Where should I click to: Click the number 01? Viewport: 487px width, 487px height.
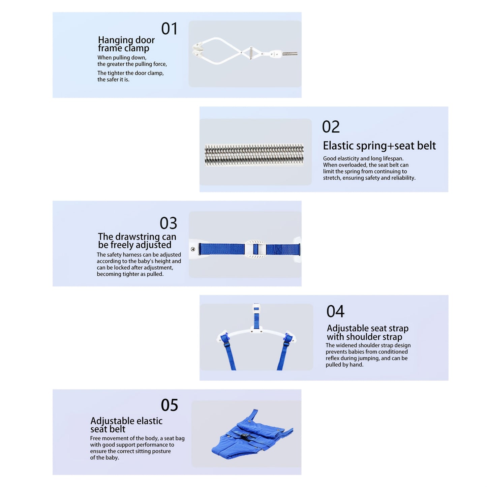tap(169, 29)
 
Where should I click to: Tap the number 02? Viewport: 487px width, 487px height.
tap(331, 127)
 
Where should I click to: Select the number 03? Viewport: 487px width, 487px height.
tap(168, 223)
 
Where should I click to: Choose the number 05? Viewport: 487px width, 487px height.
tap(169, 405)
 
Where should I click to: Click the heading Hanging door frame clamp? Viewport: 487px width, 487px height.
tap(126, 44)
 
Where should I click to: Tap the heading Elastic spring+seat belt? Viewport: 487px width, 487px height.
tap(379, 146)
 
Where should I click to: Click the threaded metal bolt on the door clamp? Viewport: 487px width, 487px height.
tap(290, 54)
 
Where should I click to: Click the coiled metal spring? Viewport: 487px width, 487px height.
tap(254, 155)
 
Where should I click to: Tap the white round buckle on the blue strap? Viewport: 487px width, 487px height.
tap(255, 249)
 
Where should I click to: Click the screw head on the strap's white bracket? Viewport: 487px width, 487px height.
tap(192, 249)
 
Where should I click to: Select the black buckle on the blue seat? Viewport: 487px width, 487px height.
tap(244, 436)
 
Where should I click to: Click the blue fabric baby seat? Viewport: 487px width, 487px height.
tap(251, 436)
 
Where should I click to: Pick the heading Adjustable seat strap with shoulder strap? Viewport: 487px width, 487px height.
tap(367, 332)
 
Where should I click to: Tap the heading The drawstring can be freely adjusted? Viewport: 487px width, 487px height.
tap(137, 241)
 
